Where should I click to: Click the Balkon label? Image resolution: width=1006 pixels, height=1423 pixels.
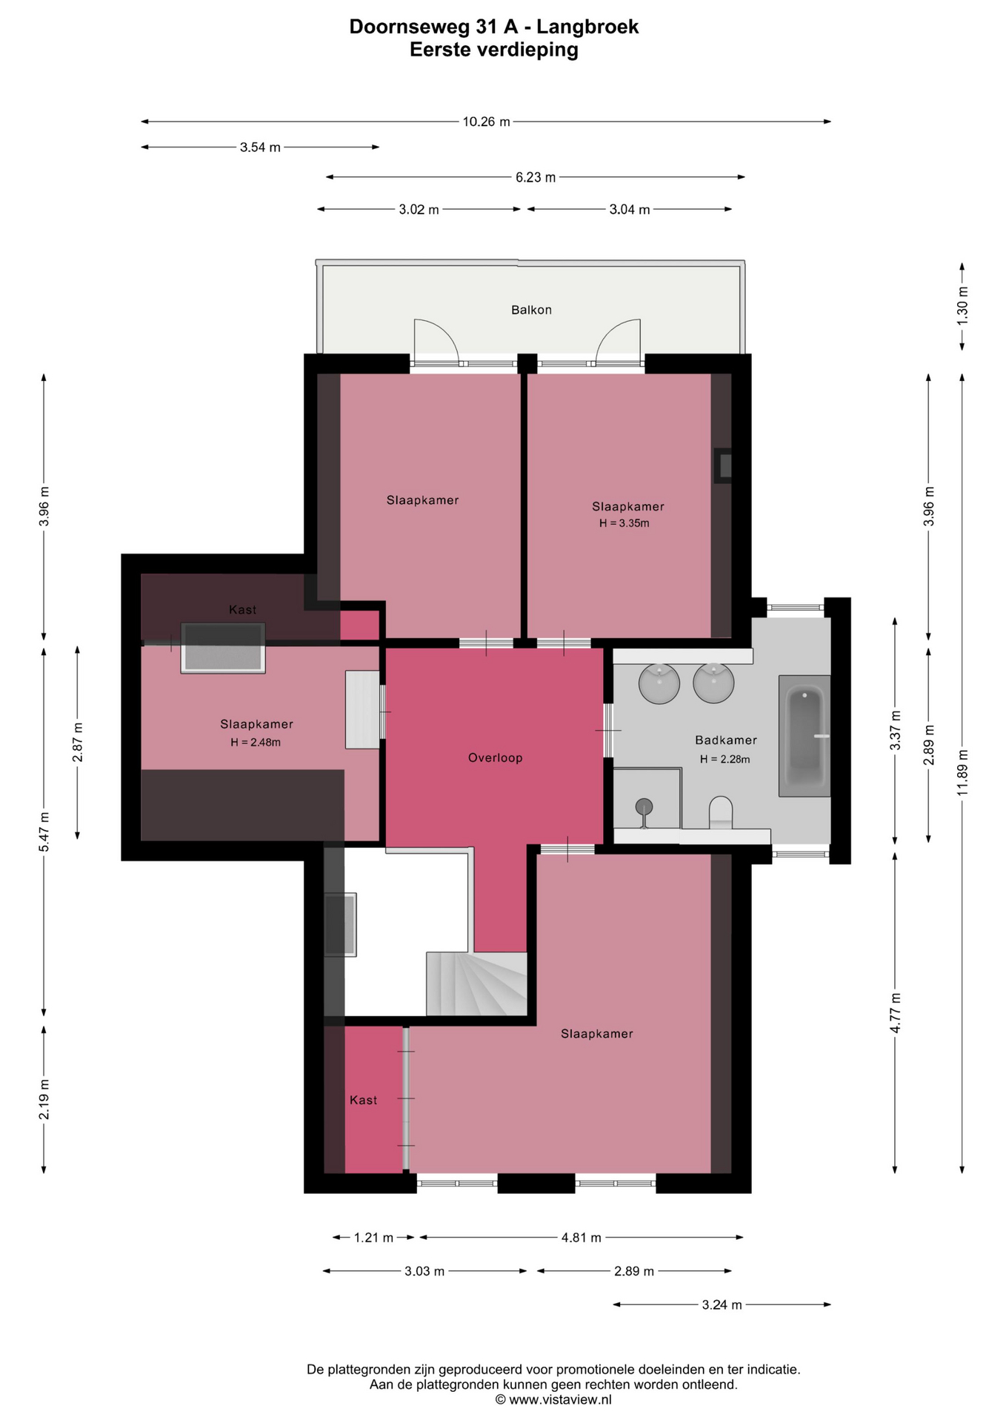tap(531, 310)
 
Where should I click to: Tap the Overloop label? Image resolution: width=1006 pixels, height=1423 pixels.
tap(496, 757)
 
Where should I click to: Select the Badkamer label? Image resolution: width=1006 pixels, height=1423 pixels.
tap(726, 740)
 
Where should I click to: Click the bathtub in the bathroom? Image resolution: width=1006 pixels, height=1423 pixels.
tap(804, 736)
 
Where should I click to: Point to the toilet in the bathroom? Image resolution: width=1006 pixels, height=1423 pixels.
tap(720, 813)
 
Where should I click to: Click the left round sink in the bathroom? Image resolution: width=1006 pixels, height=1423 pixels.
tap(659, 683)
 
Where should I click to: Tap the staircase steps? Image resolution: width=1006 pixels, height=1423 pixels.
tap(476, 984)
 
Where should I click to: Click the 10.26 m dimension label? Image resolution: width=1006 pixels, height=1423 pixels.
tap(487, 122)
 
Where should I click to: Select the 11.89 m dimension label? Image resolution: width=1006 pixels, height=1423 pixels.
tap(962, 773)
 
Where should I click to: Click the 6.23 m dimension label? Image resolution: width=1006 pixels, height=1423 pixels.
tap(536, 177)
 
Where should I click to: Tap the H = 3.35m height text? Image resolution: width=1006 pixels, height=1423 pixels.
tap(624, 523)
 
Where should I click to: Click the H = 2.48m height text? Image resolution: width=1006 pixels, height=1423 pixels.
tap(256, 742)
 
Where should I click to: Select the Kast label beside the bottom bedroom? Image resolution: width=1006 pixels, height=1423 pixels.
tap(363, 1100)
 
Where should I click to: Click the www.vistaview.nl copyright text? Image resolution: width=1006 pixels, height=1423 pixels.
tap(553, 1399)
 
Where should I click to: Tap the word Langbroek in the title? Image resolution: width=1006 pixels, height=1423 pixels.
tap(587, 27)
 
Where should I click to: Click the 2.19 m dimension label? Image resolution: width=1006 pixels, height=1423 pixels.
tap(44, 1100)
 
